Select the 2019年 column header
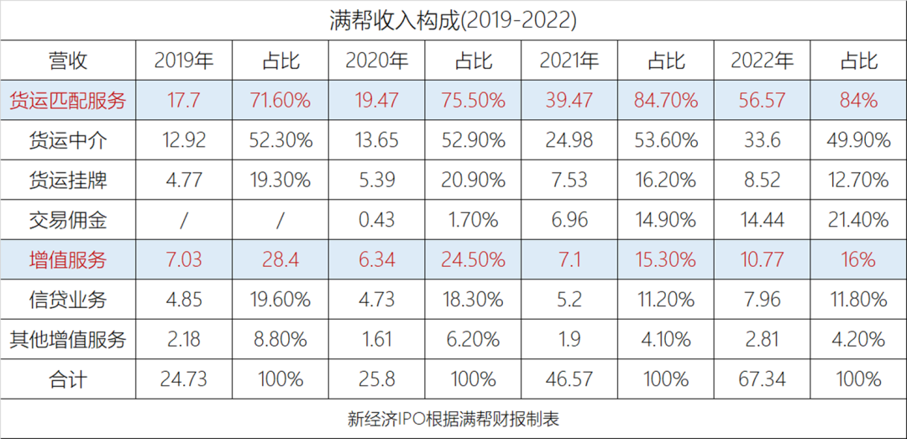click(x=183, y=60)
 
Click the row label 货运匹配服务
click(x=67, y=101)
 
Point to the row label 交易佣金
click(x=67, y=221)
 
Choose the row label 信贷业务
click(x=67, y=300)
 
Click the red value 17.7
click(x=183, y=101)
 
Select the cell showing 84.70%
click(x=665, y=101)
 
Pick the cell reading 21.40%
click(x=857, y=221)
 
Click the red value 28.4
click(x=280, y=260)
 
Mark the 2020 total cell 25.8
click(x=376, y=379)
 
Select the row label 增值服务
click(x=67, y=260)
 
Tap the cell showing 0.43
click(x=376, y=221)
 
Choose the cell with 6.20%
click(x=473, y=340)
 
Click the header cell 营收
click(x=67, y=60)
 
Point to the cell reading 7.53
click(x=569, y=180)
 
